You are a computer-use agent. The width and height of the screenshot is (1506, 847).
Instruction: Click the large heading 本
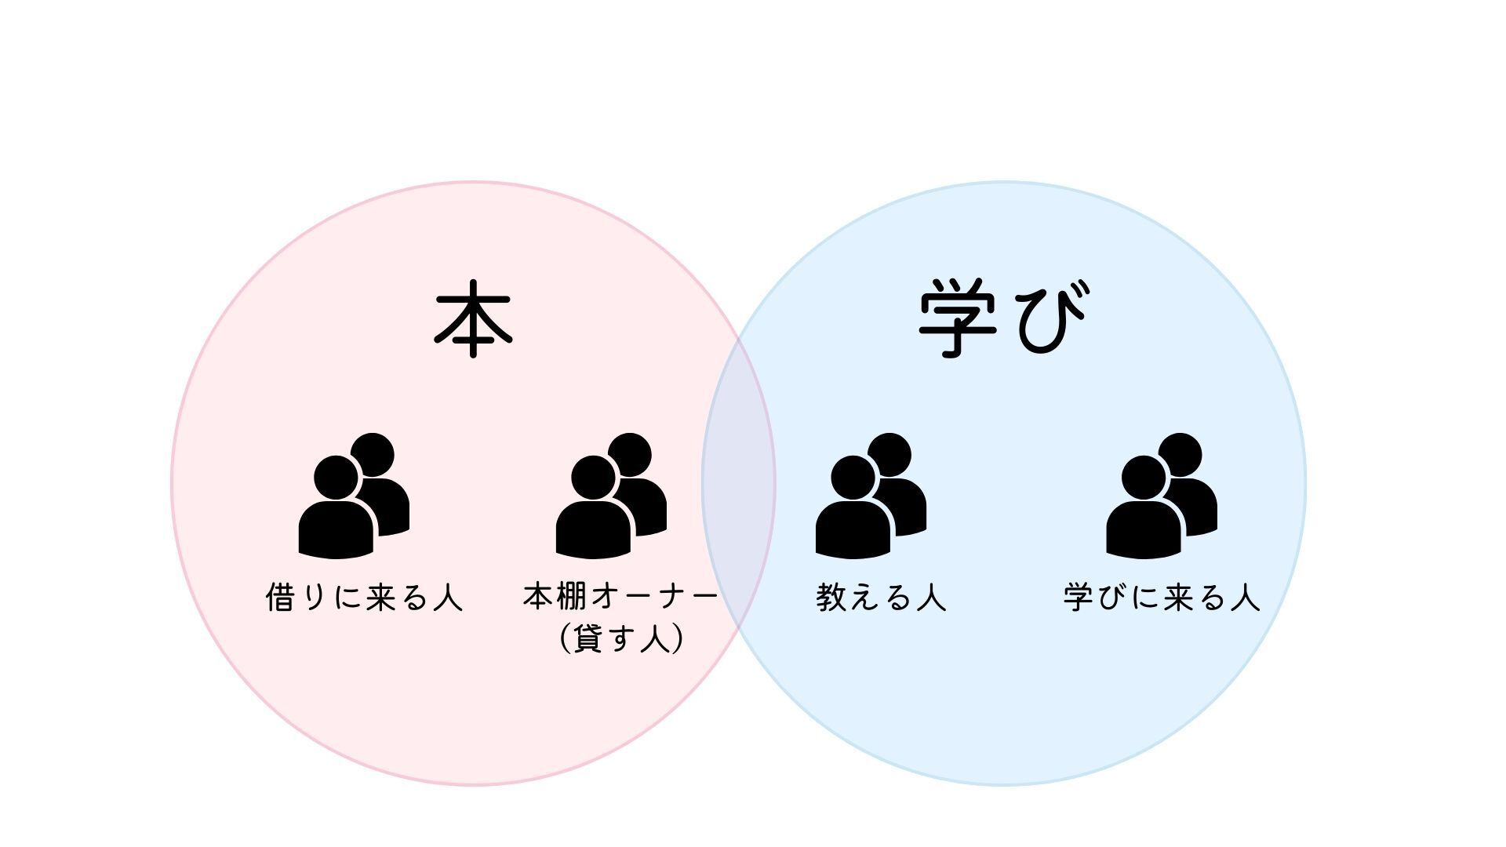[x=473, y=319]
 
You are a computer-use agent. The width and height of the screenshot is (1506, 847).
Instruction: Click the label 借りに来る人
[x=365, y=598]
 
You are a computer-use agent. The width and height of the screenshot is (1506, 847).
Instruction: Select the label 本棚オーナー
[x=620, y=598]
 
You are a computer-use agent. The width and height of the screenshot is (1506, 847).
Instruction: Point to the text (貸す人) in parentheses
[x=622, y=639]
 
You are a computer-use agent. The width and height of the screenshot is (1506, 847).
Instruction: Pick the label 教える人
[x=882, y=598]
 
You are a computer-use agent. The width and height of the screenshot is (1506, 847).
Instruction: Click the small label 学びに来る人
[x=1162, y=598]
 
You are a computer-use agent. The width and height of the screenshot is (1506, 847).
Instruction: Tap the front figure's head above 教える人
[x=853, y=477]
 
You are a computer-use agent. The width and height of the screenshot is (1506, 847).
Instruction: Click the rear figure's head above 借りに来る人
[x=373, y=454]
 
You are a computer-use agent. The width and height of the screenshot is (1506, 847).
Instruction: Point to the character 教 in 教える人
[x=831, y=598]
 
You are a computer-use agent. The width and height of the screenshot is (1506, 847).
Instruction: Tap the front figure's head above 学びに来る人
[x=1144, y=477]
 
